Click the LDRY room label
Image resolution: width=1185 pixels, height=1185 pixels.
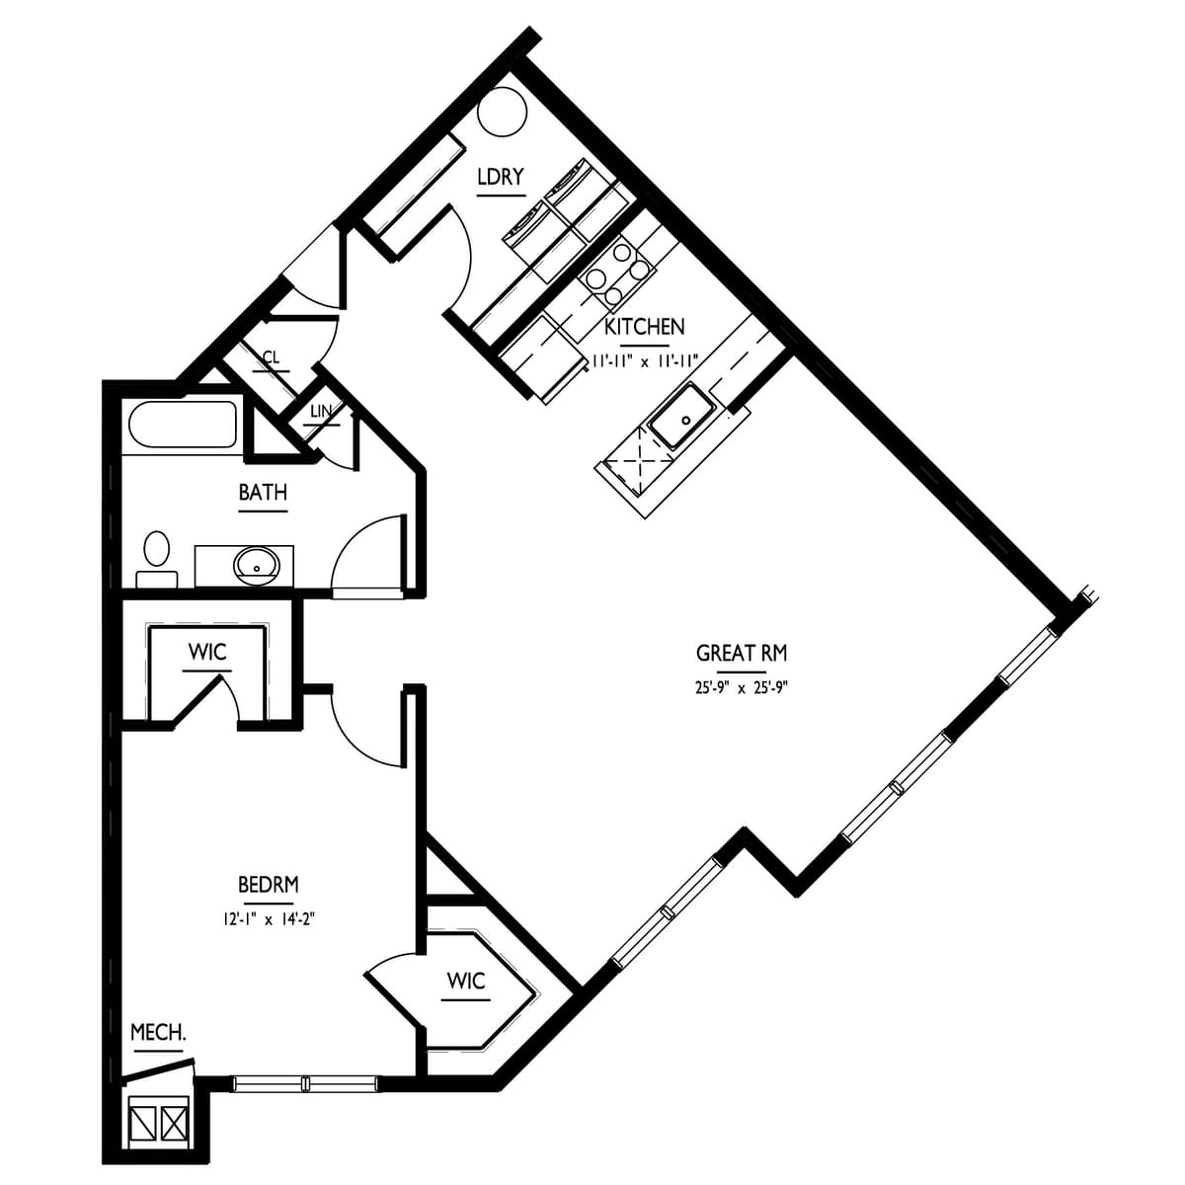pos(500,178)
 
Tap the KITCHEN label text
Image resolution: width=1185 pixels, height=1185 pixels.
pos(644,327)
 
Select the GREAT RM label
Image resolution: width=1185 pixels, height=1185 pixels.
pos(741,653)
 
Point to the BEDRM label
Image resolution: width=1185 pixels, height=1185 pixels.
pos(268,884)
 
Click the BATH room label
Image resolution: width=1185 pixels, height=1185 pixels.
pos(263,493)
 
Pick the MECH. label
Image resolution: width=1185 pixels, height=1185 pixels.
pos(158,1033)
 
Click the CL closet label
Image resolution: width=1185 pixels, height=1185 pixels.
pos(271,358)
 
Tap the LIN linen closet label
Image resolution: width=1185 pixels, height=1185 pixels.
pos(321,411)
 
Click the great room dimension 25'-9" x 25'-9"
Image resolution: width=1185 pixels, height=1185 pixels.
pos(741,686)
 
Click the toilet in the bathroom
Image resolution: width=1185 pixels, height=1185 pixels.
pos(156,558)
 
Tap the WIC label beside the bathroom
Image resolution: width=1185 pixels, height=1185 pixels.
pos(207,653)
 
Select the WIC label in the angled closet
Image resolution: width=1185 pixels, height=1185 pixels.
pos(465,982)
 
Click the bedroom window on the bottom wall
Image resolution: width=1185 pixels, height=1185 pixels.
pos(305,1083)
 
